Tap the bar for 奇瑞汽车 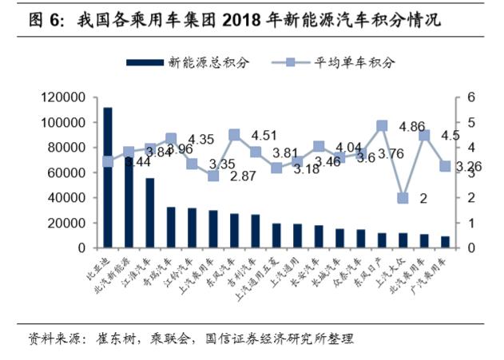171,227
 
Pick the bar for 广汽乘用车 445,242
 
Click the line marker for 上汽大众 403,198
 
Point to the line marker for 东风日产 382,126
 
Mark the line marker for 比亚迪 108,161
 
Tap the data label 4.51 264,135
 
